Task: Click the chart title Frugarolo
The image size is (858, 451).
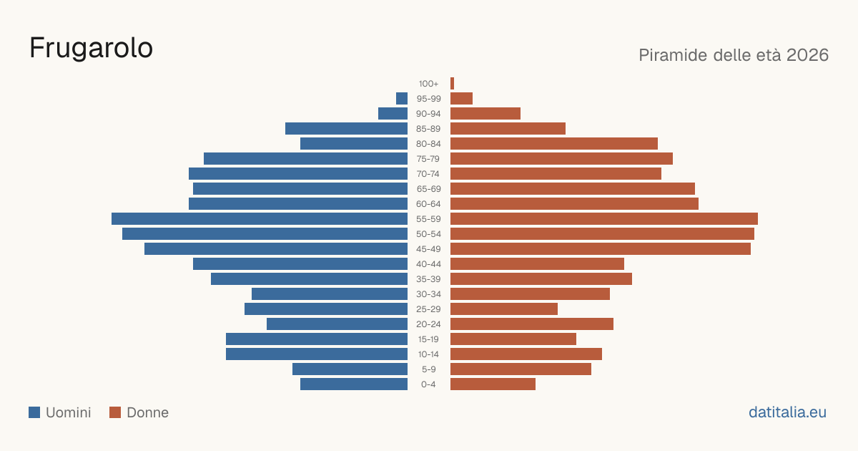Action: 92,49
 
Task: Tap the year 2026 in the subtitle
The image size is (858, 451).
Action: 807,55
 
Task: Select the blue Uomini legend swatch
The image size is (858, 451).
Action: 34,412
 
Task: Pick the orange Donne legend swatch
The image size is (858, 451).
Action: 115,412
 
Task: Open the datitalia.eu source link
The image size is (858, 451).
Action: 787,412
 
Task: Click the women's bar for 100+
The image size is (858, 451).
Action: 452,84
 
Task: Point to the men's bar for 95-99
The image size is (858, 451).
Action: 402,99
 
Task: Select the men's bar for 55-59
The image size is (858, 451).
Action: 260,219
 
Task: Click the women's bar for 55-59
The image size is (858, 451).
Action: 604,219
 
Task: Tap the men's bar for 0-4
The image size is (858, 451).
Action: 354,384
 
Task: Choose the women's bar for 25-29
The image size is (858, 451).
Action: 504,309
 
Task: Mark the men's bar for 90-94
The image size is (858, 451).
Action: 393,114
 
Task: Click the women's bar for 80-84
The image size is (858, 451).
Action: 554,144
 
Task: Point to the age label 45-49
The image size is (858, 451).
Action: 428,249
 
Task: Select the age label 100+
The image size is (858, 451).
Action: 428,84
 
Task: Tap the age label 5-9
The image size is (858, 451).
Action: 428,369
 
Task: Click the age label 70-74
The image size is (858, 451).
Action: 428,174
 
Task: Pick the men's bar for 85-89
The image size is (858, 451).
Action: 346,128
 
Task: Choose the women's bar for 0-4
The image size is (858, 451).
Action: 493,384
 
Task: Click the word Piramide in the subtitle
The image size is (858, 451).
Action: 673,55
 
